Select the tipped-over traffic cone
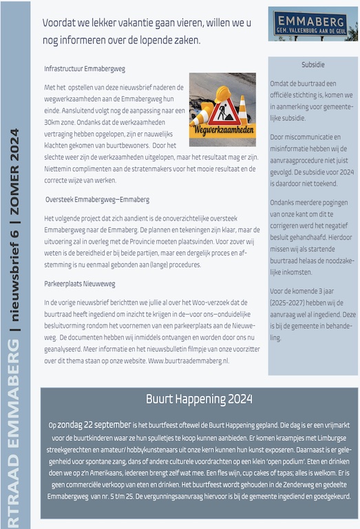click(x=200, y=88)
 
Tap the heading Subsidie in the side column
click(x=313, y=65)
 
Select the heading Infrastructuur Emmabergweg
click(x=85, y=70)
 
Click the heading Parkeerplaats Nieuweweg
click(x=80, y=283)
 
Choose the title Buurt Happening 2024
click(x=199, y=399)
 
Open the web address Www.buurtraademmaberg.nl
click(x=189, y=361)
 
